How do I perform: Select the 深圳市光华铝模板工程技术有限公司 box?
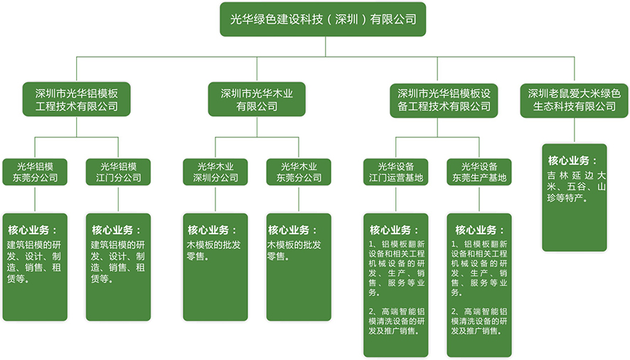77,100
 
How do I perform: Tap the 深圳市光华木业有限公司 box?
257,100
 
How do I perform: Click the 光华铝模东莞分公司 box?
35,172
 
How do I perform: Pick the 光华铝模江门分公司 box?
118,172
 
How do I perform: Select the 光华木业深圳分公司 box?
215,172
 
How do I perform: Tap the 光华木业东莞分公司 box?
299,172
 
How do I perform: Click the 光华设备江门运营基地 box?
396,172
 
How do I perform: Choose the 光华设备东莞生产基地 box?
479,172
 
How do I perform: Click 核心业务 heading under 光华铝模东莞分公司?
31,231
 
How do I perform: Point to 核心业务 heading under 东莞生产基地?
479,231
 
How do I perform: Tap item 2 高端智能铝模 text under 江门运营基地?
396,321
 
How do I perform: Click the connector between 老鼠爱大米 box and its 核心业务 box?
575,130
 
